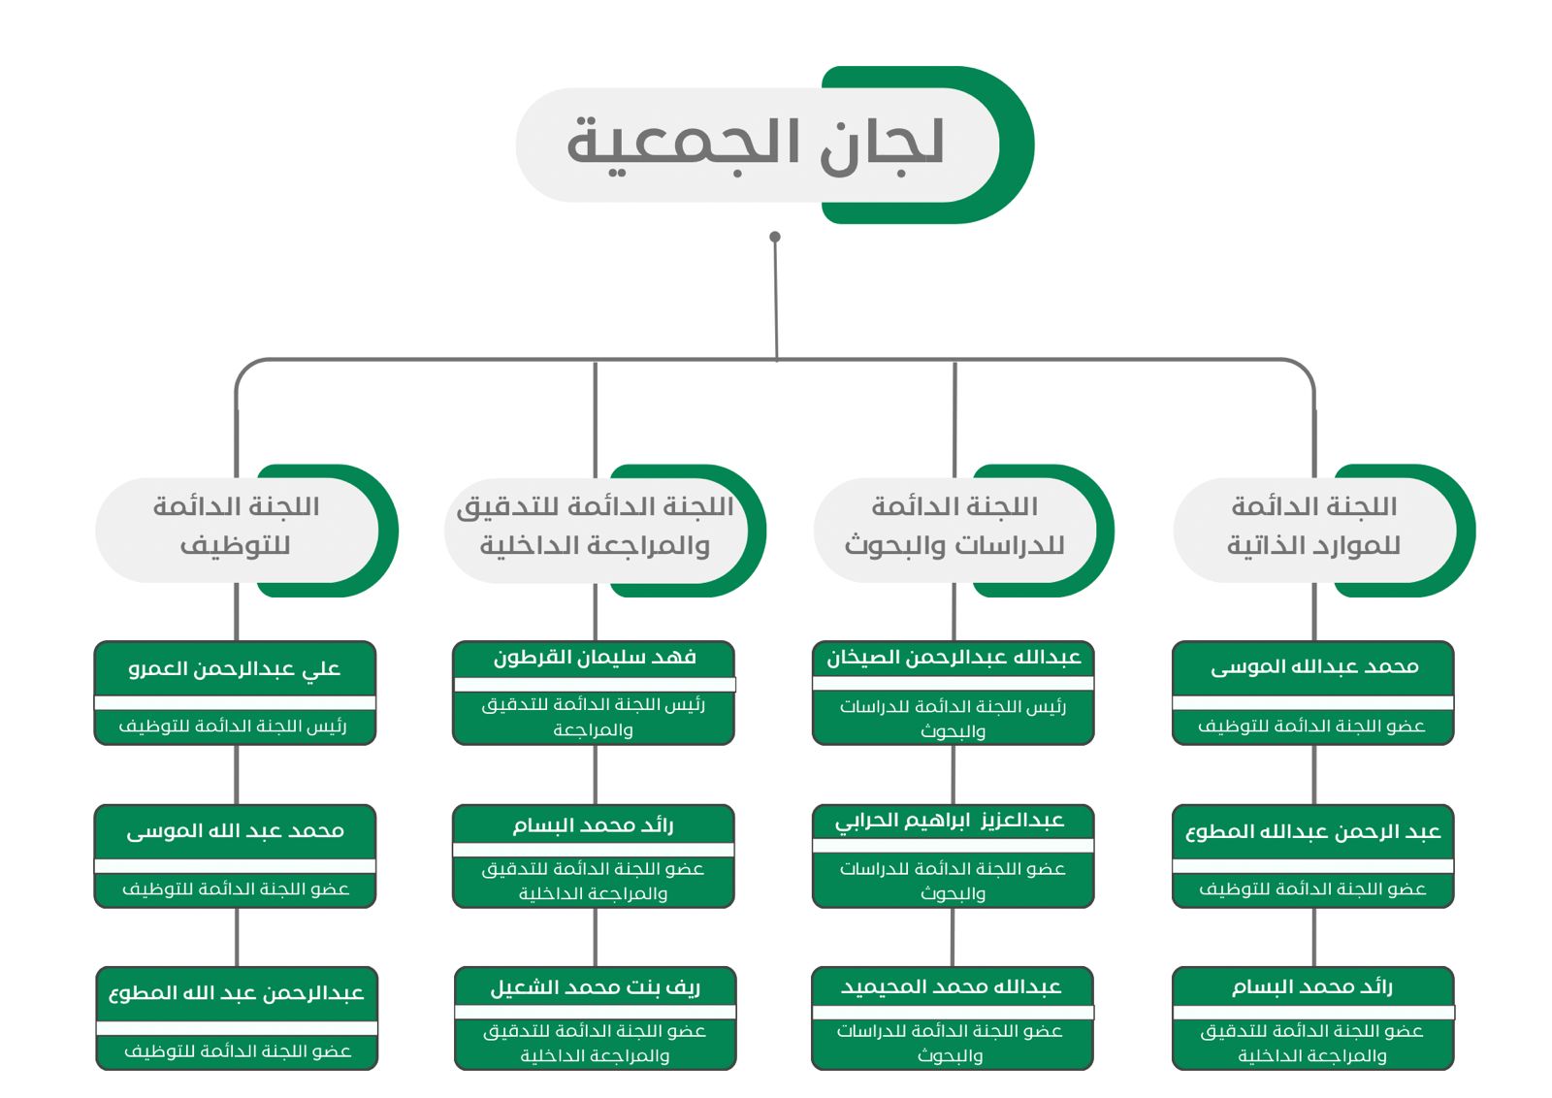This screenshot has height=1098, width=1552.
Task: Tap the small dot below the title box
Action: click(775, 237)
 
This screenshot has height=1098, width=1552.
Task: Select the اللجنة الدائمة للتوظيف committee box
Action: click(246, 530)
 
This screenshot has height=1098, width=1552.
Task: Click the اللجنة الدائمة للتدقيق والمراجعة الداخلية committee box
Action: click(605, 530)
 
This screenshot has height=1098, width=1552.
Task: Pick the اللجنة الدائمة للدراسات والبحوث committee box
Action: click(964, 530)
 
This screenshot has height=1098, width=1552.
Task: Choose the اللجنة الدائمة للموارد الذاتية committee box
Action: click(1324, 530)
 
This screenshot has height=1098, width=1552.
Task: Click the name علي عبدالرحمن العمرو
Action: click(234, 668)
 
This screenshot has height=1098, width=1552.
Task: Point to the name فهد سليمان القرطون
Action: click(595, 657)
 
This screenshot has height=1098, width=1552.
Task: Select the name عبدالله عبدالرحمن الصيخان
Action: click(954, 657)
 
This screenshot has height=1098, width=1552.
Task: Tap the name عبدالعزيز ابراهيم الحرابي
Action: click(950, 821)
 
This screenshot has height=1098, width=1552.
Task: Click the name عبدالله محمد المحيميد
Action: click(952, 986)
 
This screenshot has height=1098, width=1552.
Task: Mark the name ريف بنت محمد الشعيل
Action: click(596, 987)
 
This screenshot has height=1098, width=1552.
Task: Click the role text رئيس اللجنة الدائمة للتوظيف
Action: click(233, 726)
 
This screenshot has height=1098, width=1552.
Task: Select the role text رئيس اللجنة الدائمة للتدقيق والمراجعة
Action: click(593, 717)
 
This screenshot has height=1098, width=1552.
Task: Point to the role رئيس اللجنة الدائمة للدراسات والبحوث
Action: click(953, 719)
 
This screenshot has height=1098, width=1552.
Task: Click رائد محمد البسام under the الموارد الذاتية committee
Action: click(1312, 986)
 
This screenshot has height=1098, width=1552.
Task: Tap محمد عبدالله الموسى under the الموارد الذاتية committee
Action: click(1314, 667)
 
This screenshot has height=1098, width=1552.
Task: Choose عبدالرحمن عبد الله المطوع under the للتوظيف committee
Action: click(237, 992)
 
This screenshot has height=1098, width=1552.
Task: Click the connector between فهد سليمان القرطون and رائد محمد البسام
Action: click(596, 774)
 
